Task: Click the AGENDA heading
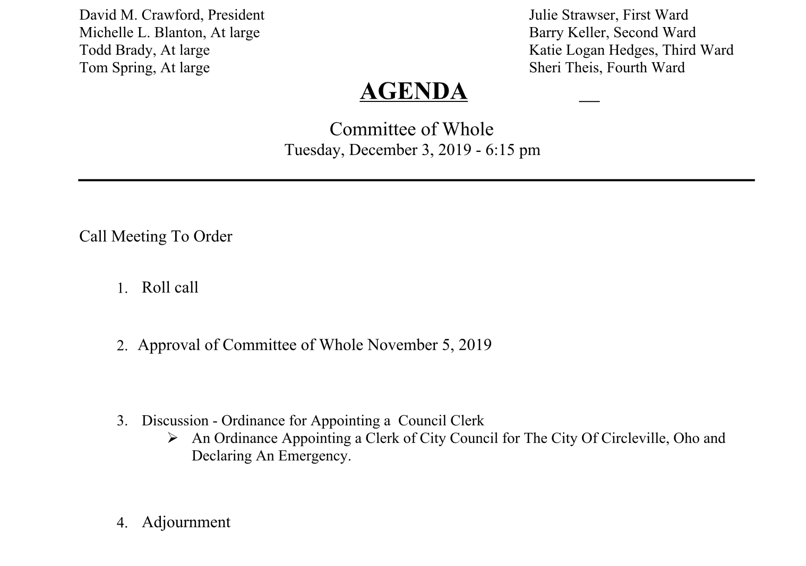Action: (414, 91)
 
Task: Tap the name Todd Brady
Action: (115, 50)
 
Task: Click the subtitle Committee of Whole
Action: (411, 129)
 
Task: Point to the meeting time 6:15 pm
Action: (512, 150)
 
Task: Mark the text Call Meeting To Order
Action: (156, 236)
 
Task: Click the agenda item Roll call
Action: (170, 287)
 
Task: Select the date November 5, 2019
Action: (429, 345)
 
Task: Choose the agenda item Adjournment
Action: (186, 522)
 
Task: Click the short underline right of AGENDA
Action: (589, 100)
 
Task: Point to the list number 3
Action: (122, 421)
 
